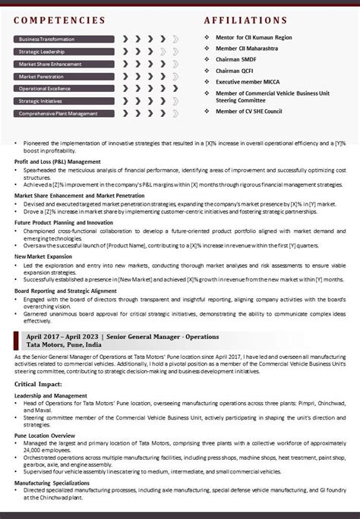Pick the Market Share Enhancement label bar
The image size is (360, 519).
[x=50, y=64]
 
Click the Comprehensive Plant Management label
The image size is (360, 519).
[x=58, y=113]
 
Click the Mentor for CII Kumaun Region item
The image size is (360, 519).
[x=252, y=37]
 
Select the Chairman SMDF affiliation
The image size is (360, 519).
[x=237, y=58]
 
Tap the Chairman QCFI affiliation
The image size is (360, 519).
[x=236, y=70]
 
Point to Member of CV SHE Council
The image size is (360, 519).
[x=248, y=111]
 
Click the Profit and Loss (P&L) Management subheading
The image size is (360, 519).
[x=58, y=162]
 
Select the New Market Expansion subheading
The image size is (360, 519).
[x=43, y=256]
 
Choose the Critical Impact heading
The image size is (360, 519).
[x=39, y=385]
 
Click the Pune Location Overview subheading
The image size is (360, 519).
[x=44, y=436]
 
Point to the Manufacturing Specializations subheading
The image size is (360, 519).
[x=52, y=483]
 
